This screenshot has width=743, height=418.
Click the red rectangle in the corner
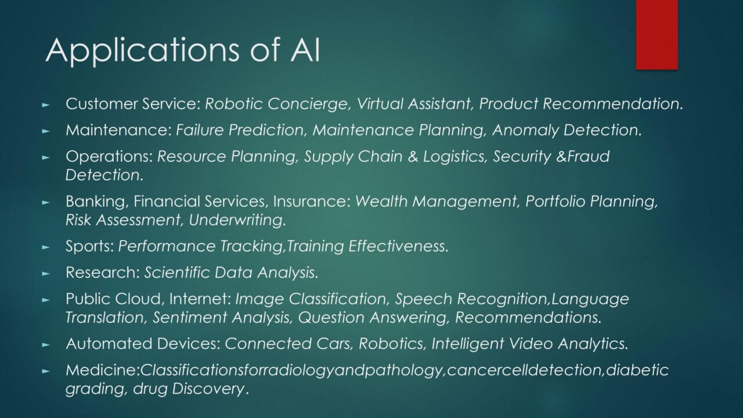click(x=657, y=35)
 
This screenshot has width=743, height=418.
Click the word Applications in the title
click(x=142, y=51)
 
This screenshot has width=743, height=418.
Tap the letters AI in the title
click(x=305, y=50)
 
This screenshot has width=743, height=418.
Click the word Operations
click(x=109, y=157)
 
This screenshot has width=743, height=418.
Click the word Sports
click(x=89, y=247)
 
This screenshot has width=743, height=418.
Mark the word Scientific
click(x=177, y=273)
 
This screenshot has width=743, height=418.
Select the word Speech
click(x=424, y=299)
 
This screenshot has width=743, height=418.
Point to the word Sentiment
click(x=190, y=317)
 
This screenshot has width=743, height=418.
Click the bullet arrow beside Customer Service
click(x=46, y=105)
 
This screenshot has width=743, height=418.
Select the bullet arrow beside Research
click(x=46, y=273)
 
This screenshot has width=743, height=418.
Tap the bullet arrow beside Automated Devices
click(x=46, y=345)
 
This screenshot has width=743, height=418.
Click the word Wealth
click(x=381, y=201)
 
